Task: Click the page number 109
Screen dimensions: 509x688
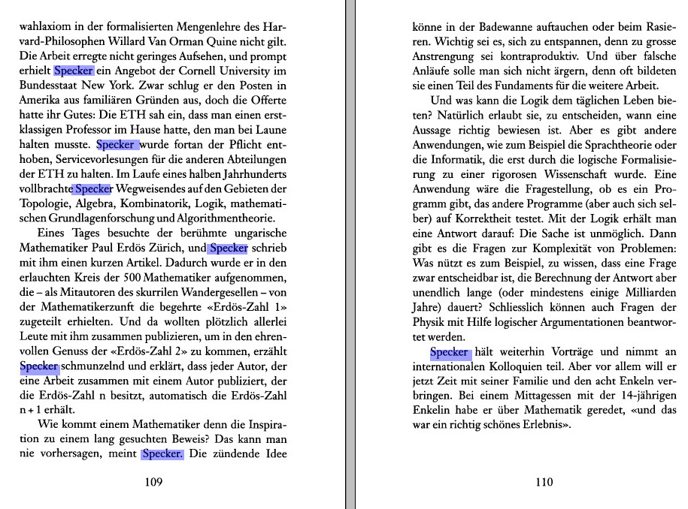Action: (153, 483)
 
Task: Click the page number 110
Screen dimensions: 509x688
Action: (544, 483)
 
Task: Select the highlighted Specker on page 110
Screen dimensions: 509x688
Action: (450, 352)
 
